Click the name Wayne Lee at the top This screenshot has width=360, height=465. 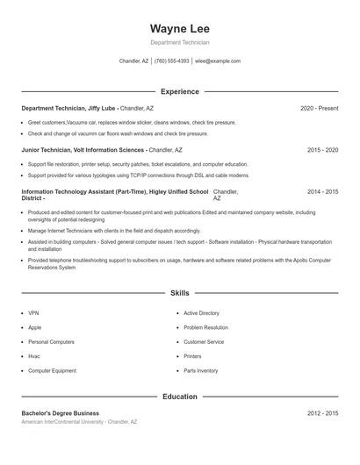coord(179,28)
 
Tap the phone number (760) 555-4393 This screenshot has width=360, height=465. coord(171,61)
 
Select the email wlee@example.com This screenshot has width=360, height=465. coord(217,61)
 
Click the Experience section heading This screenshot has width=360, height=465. coord(179,91)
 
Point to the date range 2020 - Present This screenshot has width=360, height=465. coord(319,108)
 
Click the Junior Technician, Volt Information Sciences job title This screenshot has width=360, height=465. coord(83,150)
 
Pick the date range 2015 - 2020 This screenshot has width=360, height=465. coord(322,150)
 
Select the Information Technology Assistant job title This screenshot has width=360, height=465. coord(114,191)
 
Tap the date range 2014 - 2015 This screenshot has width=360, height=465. coord(322,191)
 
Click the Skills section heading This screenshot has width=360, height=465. coord(179,293)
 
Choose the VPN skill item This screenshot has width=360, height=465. coord(33,313)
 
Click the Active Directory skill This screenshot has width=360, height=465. coord(201,313)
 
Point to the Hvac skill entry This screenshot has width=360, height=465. coord(34,356)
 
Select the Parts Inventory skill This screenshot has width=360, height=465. coord(201,371)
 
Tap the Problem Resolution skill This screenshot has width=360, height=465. coord(205,327)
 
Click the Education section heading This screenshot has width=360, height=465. coord(179,397)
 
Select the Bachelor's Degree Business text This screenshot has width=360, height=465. coord(60,413)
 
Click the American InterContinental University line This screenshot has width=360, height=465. coord(79,422)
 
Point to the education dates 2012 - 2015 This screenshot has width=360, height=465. coord(322,413)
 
